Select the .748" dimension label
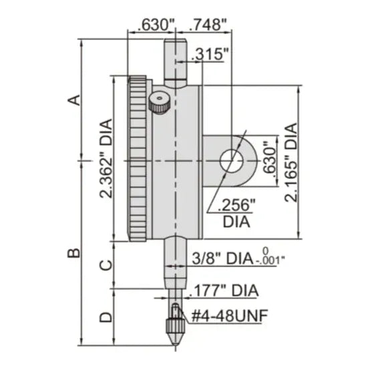[208, 25]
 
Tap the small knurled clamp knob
[158, 104]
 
